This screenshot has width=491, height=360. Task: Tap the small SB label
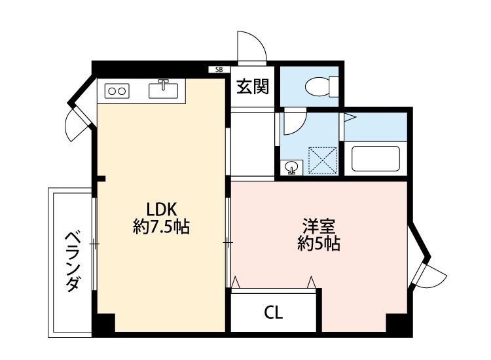coord(219,69)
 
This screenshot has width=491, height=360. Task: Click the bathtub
coord(376,158)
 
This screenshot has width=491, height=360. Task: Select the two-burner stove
coord(116,91)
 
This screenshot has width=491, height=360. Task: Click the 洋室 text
coord(319,227)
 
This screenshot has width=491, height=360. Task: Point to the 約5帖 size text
coord(319,245)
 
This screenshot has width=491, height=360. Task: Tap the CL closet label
coord(274,313)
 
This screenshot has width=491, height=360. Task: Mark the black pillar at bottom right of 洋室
coord(397,324)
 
